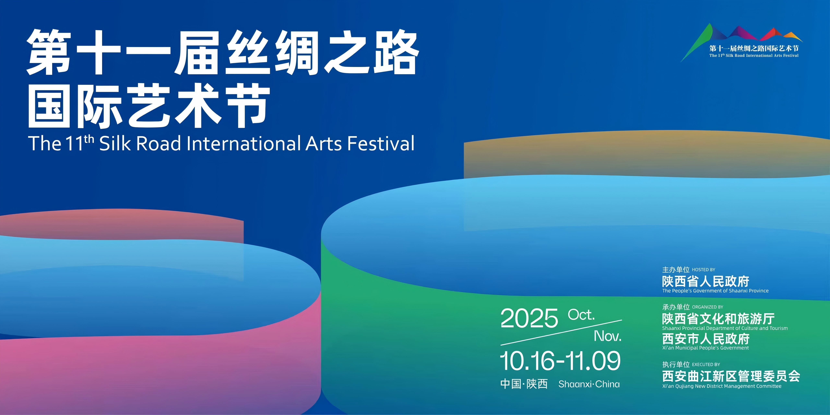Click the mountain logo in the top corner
tap(741, 42)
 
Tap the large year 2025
tap(529, 318)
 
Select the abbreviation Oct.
tap(581, 315)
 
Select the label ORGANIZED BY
tap(707, 307)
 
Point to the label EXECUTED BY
tap(706, 364)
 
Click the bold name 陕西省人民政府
tap(706, 281)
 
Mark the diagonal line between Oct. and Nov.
tap(561, 332)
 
